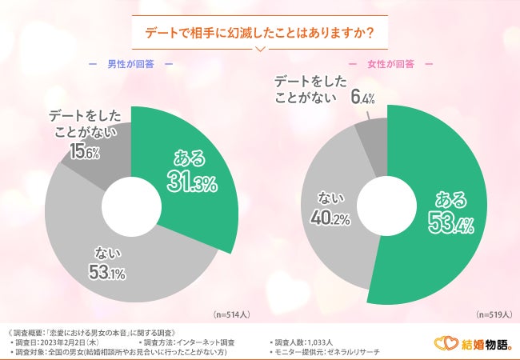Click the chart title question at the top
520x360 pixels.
[x=261, y=32]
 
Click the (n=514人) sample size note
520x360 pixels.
[x=230, y=314]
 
